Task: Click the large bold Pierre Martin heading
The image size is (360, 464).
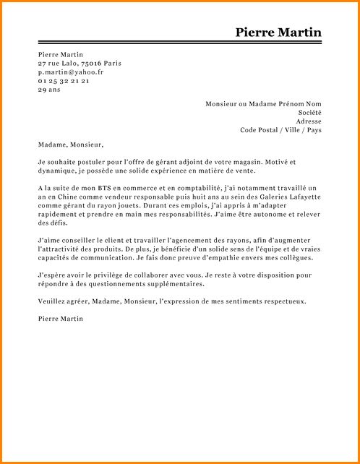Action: (x=278, y=33)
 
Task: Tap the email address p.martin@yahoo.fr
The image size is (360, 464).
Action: (x=70, y=72)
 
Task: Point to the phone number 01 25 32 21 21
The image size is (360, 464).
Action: (x=64, y=81)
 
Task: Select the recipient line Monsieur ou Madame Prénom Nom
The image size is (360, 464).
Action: (x=263, y=104)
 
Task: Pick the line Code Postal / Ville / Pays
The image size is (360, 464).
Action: (x=280, y=130)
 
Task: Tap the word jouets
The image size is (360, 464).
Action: (x=123, y=205)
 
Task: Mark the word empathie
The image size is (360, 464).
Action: (x=239, y=257)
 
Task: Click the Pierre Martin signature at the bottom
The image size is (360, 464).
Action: (x=61, y=319)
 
